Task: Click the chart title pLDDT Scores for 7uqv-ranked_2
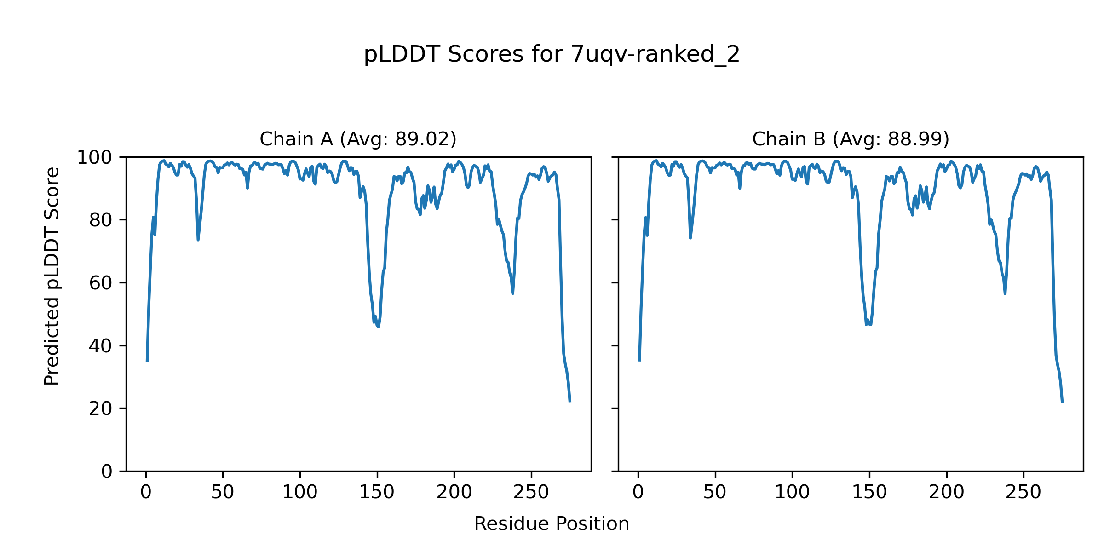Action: pyautogui.click(x=552, y=55)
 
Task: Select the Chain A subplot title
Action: pyautogui.click(x=358, y=139)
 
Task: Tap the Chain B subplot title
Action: pyautogui.click(x=851, y=139)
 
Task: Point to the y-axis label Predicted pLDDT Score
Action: pyautogui.click(x=52, y=276)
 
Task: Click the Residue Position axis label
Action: pyautogui.click(x=552, y=524)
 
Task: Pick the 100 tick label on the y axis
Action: pyautogui.click(x=94, y=158)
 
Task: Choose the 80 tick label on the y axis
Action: pyautogui.click(x=101, y=220)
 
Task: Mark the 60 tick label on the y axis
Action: pyautogui.click(x=101, y=283)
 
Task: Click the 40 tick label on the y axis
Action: pyautogui.click(x=101, y=346)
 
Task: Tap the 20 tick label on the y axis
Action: pyautogui.click(x=101, y=408)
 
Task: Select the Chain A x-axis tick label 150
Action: pyautogui.click(x=377, y=493)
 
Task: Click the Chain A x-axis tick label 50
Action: pyautogui.click(x=223, y=493)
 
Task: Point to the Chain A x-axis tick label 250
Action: pyautogui.click(x=531, y=493)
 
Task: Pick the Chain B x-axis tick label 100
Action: pyautogui.click(x=792, y=493)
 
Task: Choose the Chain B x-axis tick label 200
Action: pyautogui.click(x=946, y=493)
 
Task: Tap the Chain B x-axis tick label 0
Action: pyautogui.click(x=638, y=493)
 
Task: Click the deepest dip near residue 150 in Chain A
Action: pyautogui.click(x=379, y=327)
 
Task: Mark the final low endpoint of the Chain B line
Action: pyautogui.click(x=1062, y=402)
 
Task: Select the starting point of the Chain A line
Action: pyautogui.click(x=147, y=361)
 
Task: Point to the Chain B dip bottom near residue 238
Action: pyautogui.click(x=1005, y=293)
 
